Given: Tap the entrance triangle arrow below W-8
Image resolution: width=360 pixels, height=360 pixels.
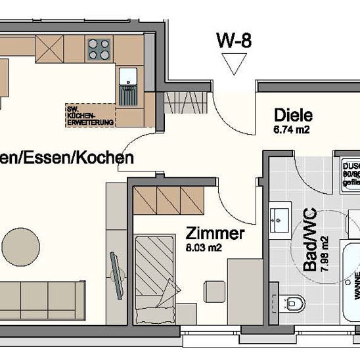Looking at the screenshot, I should [233, 64].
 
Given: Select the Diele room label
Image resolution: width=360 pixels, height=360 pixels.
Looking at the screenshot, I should [291, 116].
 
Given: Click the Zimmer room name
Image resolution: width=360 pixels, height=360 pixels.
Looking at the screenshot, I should [215, 234].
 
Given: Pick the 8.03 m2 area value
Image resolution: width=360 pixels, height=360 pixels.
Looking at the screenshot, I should [208, 248].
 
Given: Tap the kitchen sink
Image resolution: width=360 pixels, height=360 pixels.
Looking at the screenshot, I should [127, 79].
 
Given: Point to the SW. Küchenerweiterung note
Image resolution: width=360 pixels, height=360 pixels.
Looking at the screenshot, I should [89, 115].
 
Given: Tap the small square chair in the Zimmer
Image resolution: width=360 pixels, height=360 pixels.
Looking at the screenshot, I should [214, 290].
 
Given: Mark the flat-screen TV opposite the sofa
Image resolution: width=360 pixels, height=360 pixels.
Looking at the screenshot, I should [116, 273].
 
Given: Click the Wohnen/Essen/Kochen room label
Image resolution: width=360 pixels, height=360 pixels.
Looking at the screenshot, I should [66, 158].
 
